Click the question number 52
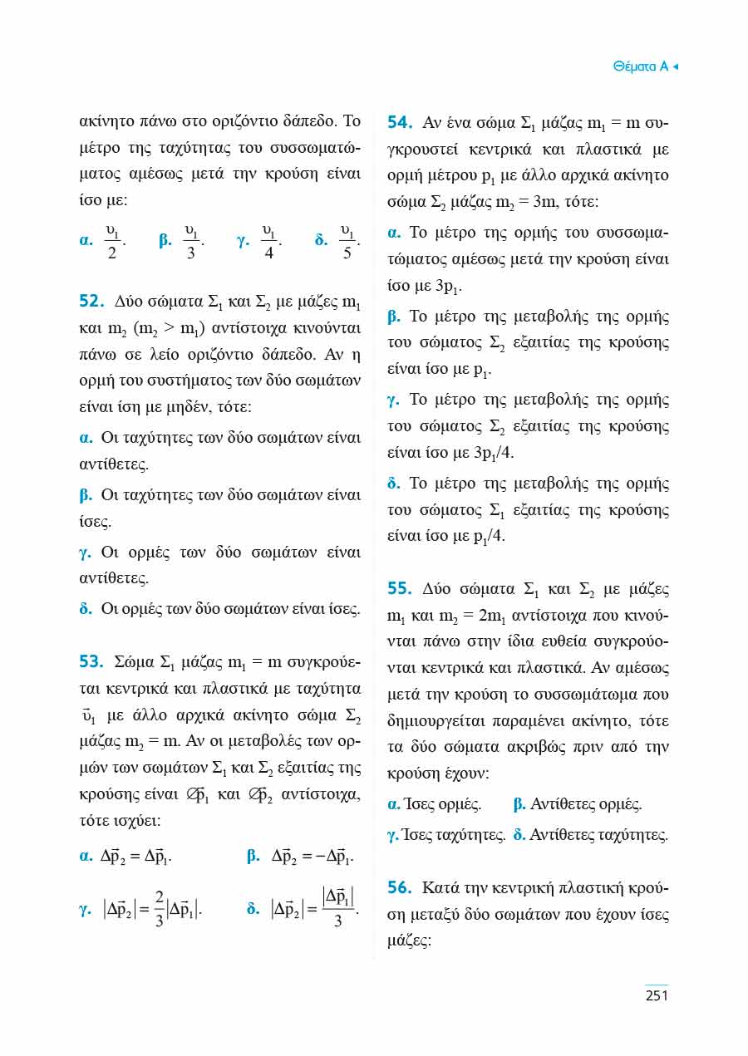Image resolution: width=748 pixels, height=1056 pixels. (x=89, y=300)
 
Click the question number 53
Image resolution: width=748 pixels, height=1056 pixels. (x=89, y=662)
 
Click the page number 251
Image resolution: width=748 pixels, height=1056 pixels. (x=657, y=995)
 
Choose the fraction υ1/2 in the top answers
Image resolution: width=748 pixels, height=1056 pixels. (x=112, y=241)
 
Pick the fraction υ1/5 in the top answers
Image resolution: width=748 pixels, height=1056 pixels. (x=347, y=241)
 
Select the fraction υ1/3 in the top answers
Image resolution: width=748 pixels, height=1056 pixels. (x=191, y=241)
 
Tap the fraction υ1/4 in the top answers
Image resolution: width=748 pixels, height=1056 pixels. (x=269, y=241)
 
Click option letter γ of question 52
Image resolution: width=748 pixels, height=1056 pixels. (x=85, y=553)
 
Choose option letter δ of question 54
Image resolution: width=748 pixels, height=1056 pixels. (x=394, y=484)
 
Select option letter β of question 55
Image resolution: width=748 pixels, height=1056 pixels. (x=519, y=804)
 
